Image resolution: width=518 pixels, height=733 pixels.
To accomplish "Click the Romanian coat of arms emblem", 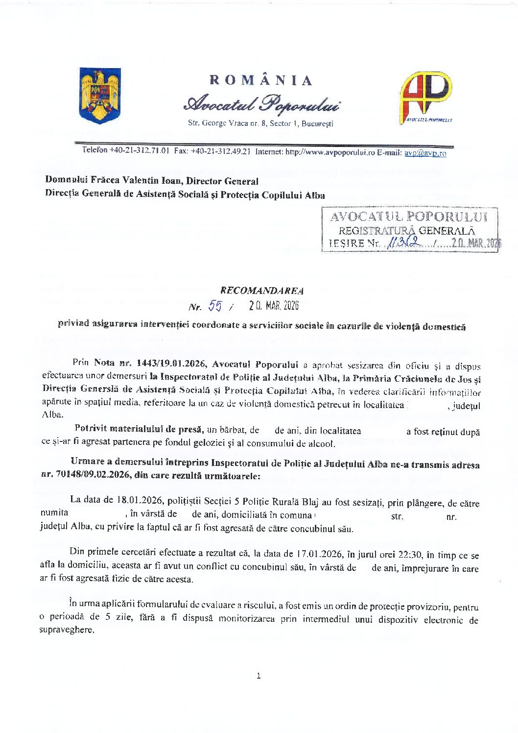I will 100,95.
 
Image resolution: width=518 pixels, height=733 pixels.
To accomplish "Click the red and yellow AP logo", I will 426,97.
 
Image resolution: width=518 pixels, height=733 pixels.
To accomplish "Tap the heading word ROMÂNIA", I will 261,80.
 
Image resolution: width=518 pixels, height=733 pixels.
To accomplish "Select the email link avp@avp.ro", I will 425,153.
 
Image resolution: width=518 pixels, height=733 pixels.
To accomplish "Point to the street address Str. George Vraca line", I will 260,123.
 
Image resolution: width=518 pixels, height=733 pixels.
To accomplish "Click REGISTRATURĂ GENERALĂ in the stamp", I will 406,230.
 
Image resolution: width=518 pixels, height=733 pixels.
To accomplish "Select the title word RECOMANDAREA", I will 262,291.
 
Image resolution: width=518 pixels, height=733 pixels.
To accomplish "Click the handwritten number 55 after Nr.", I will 215,306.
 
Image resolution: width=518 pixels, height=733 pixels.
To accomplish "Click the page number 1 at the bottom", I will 259,676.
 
